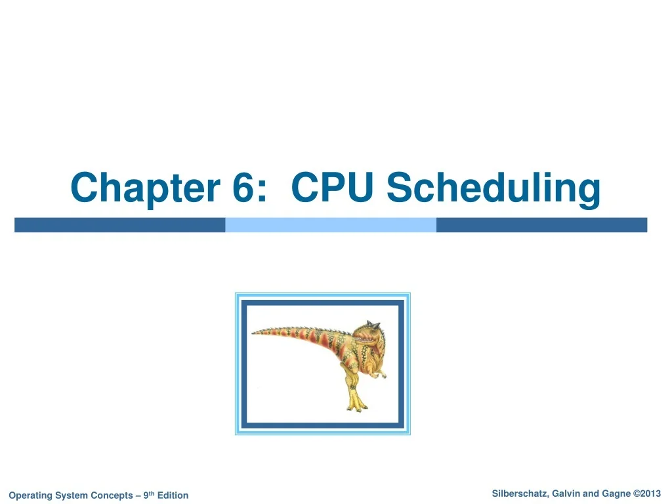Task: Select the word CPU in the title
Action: pyautogui.click(x=332, y=188)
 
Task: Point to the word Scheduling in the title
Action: pyautogui.click(x=493, y=188)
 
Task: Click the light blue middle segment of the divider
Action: pyautogui.click(x=331, y=225)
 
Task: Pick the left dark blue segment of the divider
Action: pyautogui.click(x=119, y=225)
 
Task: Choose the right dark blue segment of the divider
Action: pyautogui.click(x=541, y=225)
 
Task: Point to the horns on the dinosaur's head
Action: pyautogui.click(x=373, y=324)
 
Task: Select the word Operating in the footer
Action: pyautogui.click(x=29, y=495)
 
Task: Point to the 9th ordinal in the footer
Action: pyautogui.click(x=149, y=495)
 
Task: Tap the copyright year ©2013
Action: pyautogui.click(x=646, y=493)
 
